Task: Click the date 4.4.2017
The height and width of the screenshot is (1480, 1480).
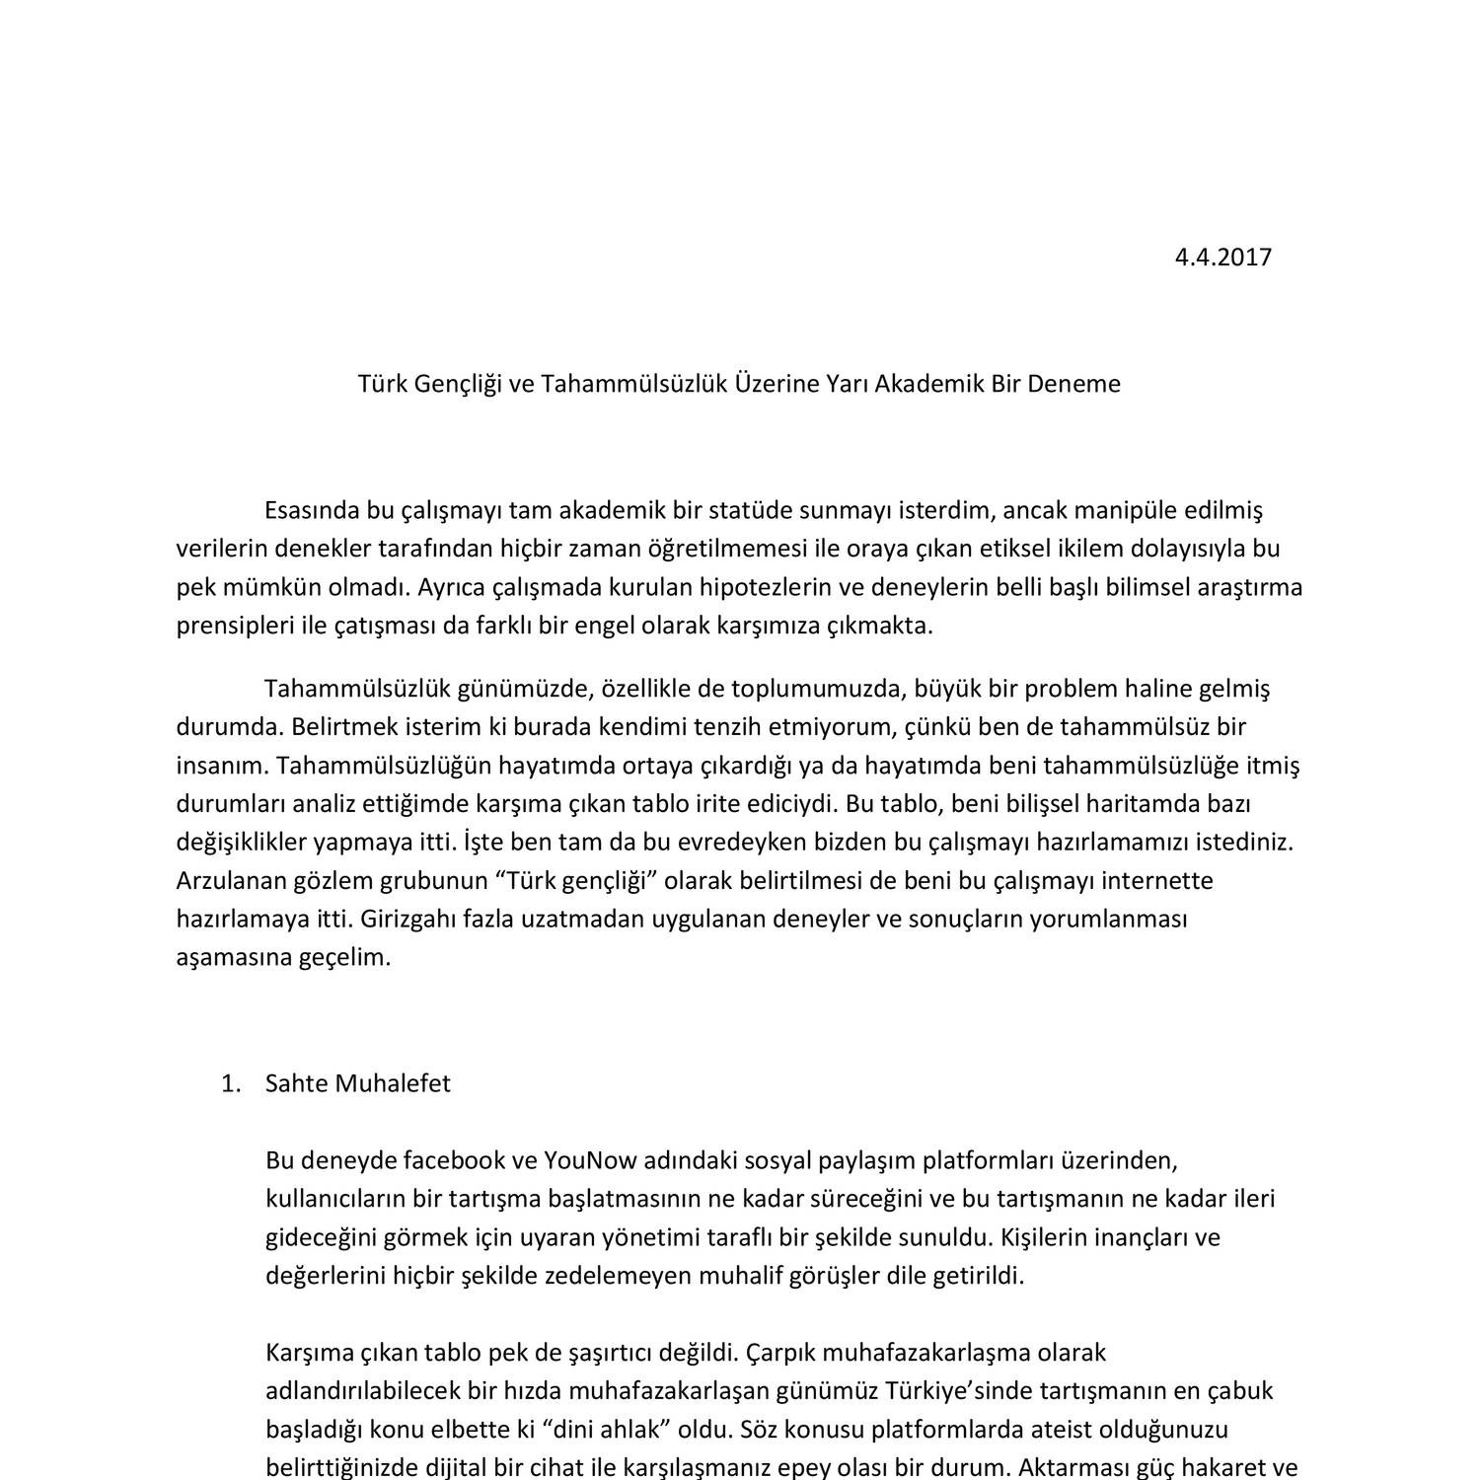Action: click(x=1222, y=258)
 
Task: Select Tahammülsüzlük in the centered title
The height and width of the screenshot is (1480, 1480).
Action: click(x=632, y=384)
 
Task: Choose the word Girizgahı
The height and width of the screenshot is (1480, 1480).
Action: click(x=409, y=919)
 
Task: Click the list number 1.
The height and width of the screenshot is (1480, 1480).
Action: click(x=231, y=1083)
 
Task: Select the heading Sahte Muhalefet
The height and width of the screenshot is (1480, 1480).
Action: click(x=358, y=1083)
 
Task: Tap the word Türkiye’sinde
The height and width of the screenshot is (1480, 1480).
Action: click(x=956, y=1390)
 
